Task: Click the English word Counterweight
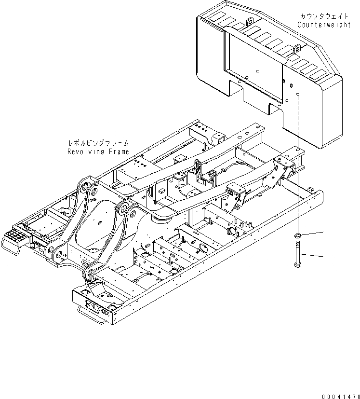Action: coord(324,25)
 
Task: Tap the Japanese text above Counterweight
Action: coord(324,16)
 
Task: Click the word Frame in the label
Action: coord(119,151)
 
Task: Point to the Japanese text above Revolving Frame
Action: coord(98,143)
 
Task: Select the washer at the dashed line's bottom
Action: coord(298,235)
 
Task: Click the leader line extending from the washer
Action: coord(313,234)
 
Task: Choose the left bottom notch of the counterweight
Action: coord(236,89)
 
